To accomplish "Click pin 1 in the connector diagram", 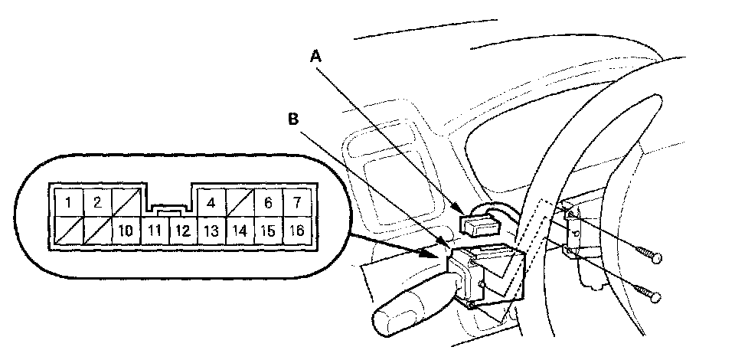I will [x=69, y=203].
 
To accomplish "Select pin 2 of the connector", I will [x=97, y=203].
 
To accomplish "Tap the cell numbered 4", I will [x=211, y=203].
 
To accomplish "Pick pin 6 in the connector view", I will [x=268, y=203].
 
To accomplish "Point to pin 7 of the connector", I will [x=296, y=203].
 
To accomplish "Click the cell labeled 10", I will [x=126, y=230].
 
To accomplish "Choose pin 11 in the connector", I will [x=154, y=230].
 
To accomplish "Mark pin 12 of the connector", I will [x=182, y=230].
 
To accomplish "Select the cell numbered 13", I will [x=211, y=230].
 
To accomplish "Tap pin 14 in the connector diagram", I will [x=239, y=230].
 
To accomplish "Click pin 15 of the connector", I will [x=268, y=230].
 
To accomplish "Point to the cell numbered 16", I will [x=296, y=230].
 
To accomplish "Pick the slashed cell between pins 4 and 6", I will [x=239, y=203].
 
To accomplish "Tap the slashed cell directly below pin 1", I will [x=69, y=230].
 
